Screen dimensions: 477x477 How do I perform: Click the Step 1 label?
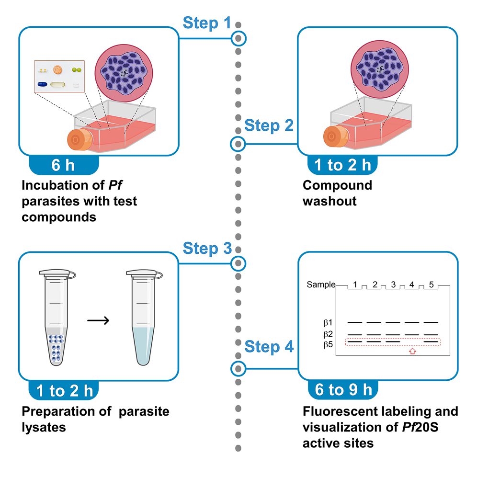[x=207, y=23]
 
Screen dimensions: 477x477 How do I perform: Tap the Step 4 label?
[x=269, y=346]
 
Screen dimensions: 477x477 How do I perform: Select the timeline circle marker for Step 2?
[x=238, y=143]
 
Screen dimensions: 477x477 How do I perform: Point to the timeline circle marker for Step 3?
[x=238, y=263]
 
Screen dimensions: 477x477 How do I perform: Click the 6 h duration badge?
[x=63, y=166]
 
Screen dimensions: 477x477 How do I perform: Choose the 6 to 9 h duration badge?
[x=343, y=389]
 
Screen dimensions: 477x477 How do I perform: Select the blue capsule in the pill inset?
[x=44, y=84]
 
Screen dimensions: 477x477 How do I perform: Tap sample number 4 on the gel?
[x=411, y=285]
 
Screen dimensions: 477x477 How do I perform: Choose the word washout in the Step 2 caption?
[x=329, y=200]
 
